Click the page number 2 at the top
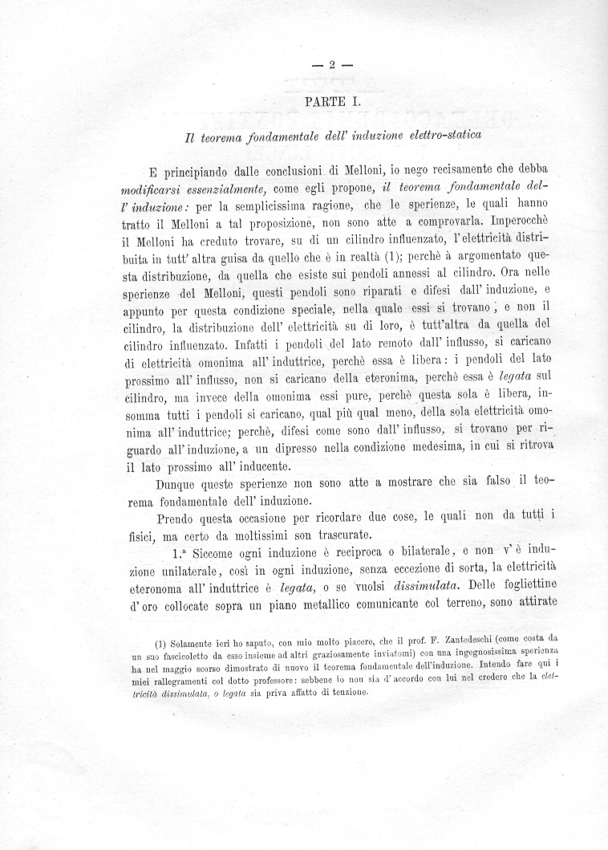pyautogui.click(x=330, y=66)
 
